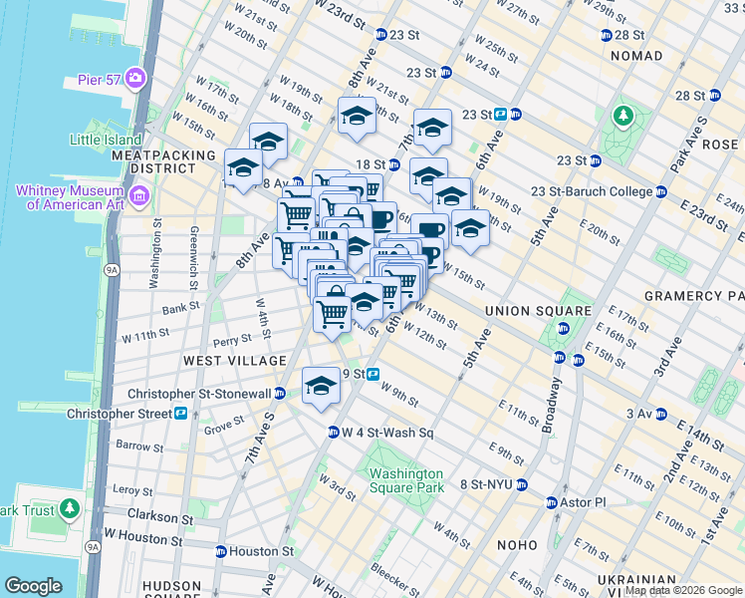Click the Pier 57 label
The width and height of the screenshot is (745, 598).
[x=99, y=79]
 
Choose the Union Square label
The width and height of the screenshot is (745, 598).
[x=525, y=312]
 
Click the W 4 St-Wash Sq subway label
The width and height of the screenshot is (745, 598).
[x=387, y=433]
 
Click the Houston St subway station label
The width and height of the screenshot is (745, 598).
[x=261, y=550]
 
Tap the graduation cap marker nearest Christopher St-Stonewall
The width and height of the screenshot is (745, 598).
[x=321, y=386]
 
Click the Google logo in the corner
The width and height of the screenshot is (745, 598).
[x=33, y=586]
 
